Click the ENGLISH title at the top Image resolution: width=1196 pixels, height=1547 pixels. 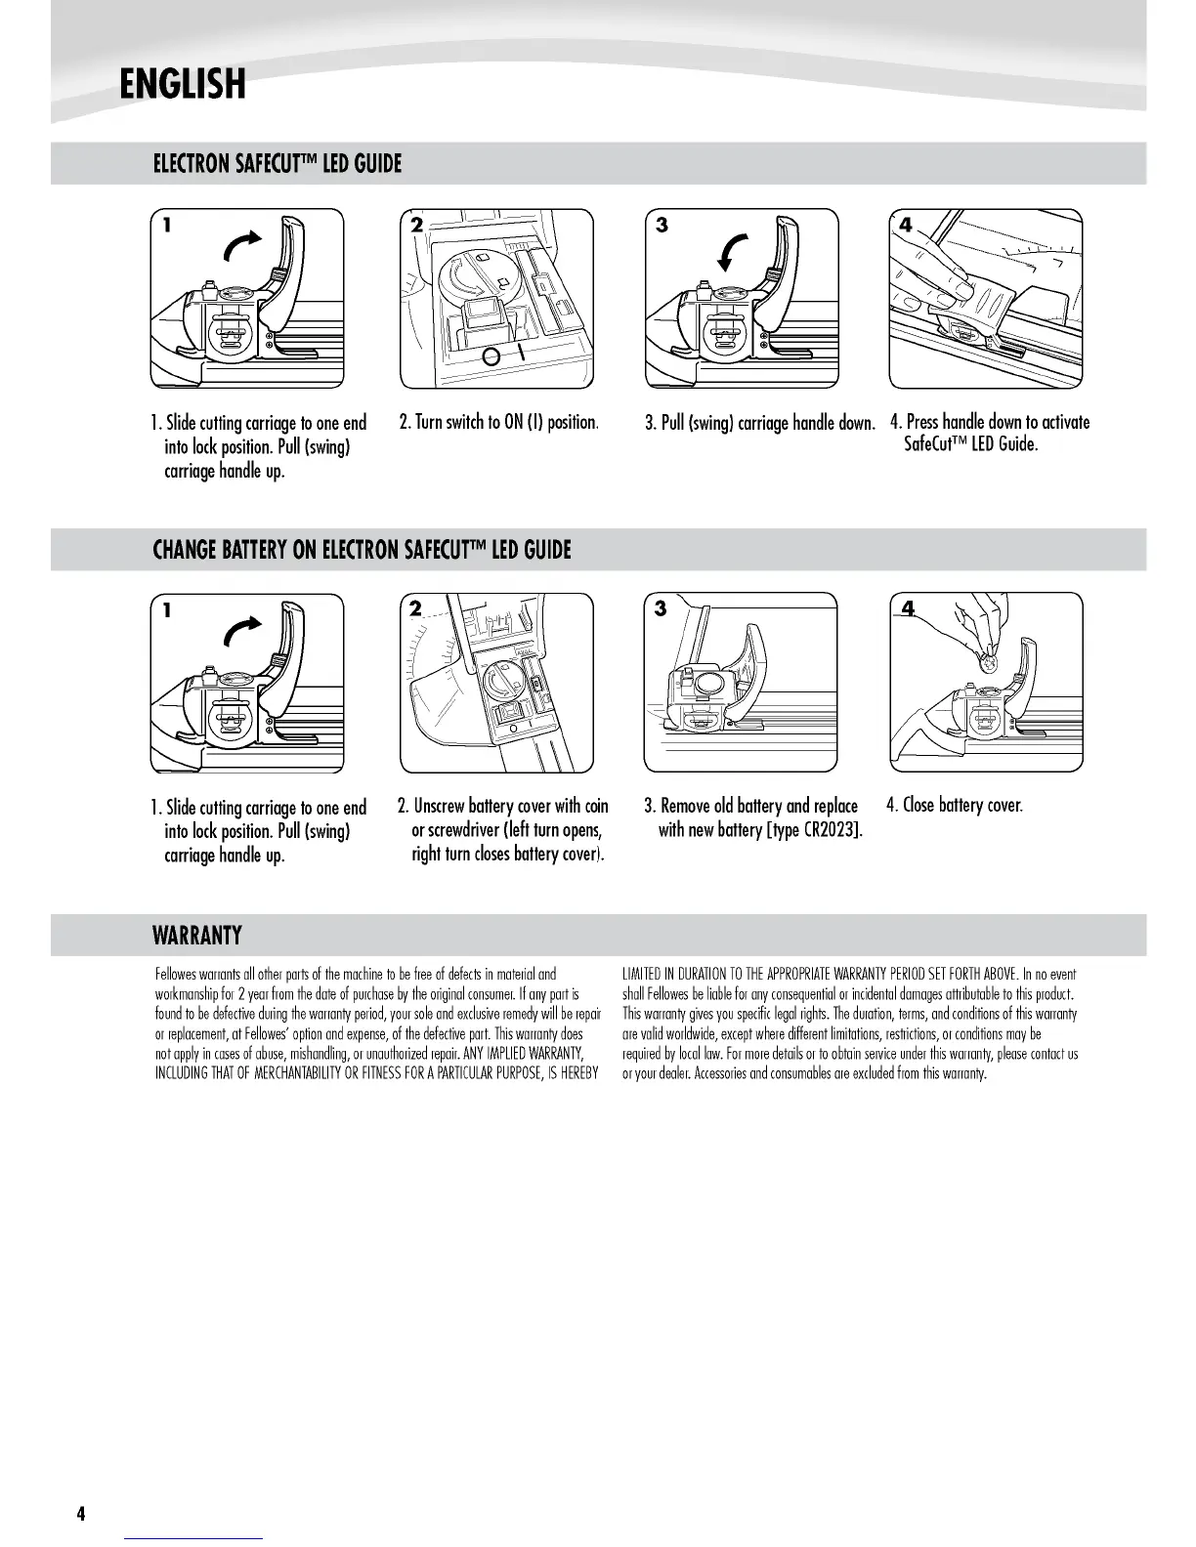coord(182,84)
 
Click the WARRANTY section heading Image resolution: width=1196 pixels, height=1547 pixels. coord(197,936)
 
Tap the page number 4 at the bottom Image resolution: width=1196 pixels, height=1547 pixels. coord(81,1514)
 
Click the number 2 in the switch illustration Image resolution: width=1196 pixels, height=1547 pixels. coord(416,225)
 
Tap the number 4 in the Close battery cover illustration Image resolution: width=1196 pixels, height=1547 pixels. coord(908,609)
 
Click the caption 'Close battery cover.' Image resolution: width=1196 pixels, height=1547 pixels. coord(954,806)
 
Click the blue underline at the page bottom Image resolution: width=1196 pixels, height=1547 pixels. coord(194,1538)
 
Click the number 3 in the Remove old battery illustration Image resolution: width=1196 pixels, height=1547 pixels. coord(662,608)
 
